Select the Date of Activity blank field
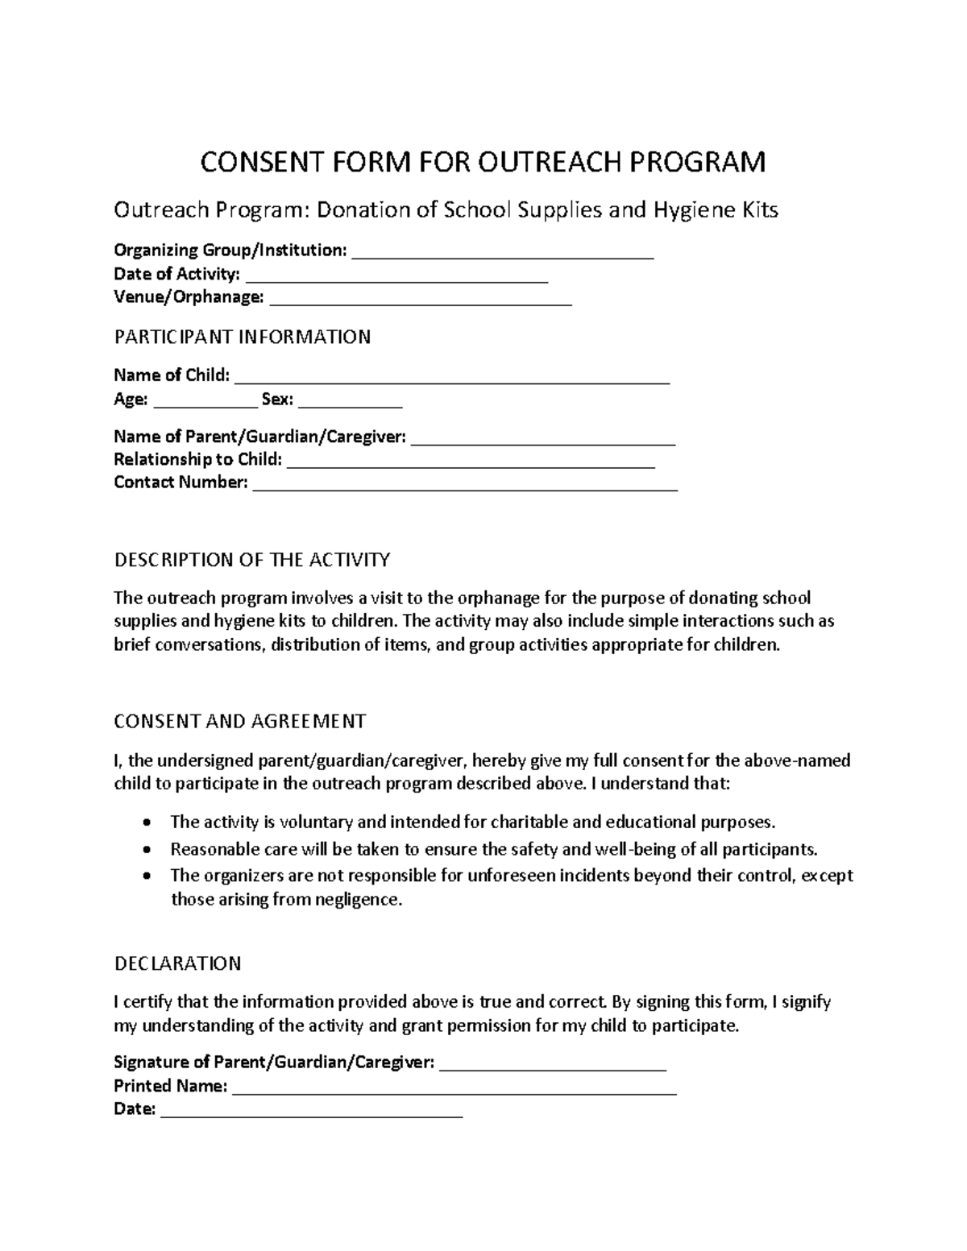click(396, 277)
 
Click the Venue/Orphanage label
click(189, 298)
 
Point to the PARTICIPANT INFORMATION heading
click(242, 337)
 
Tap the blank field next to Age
click(204, 402)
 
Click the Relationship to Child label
click(197, 459)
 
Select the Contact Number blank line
click(465, 486)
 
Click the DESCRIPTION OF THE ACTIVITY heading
click(251, 559)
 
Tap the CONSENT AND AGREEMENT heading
click(239, 721)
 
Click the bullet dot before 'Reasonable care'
click(145, 850)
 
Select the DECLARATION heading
click(177, 963)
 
